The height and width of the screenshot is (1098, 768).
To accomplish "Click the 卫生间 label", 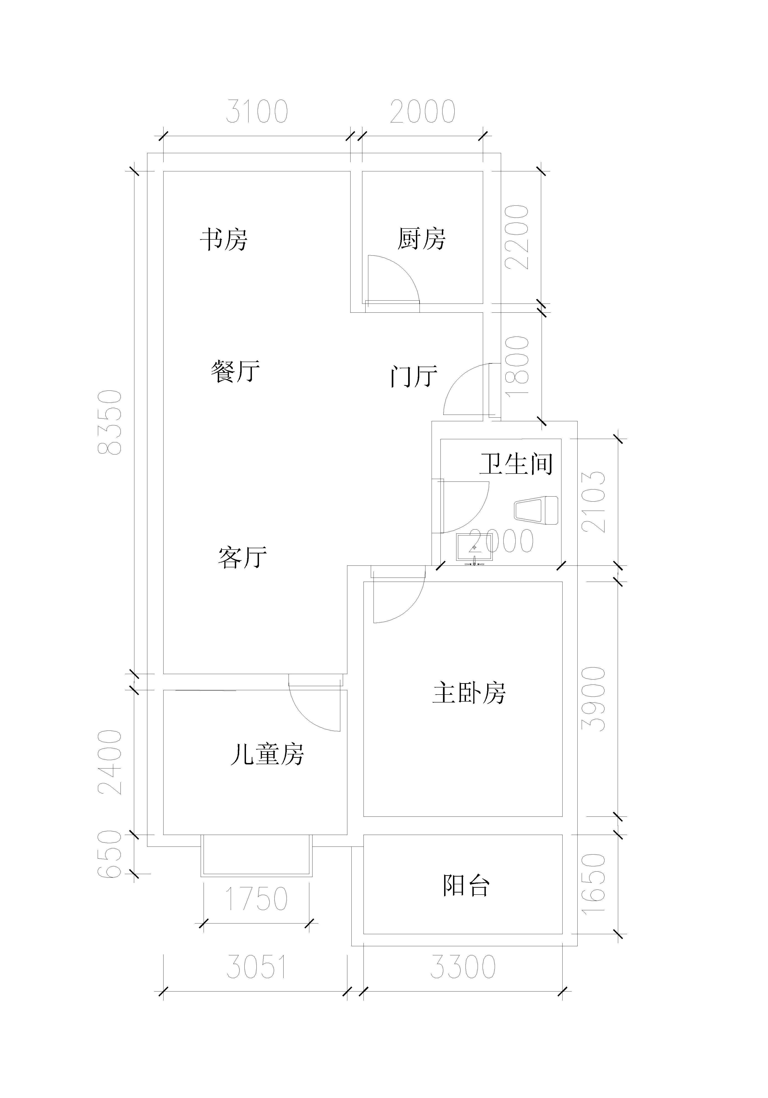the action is [516, 464].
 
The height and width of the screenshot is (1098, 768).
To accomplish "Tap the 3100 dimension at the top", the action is [257, 112].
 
